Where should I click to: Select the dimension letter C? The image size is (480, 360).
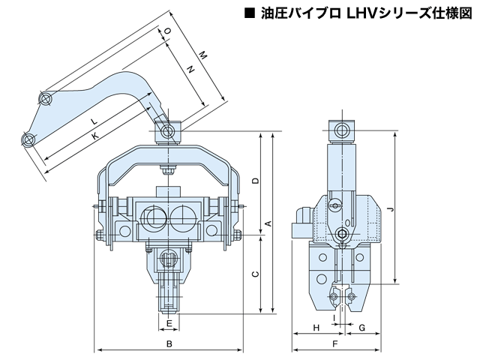[256, 274]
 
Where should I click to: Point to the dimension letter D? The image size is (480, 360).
[256, 181]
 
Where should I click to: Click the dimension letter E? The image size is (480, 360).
[170, 323]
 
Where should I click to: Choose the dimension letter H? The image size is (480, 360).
[316, 327]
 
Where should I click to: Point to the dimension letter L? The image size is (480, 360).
[92, 121]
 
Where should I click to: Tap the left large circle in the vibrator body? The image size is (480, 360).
[154, 218]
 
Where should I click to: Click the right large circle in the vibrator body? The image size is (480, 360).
[182, 218]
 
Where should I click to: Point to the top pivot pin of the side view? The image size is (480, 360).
[344, 130]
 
